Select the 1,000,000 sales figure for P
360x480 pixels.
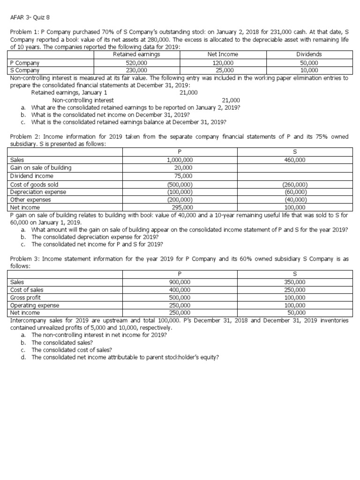(x=180, y=160)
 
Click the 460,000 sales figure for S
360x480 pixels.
(x=295, y=160)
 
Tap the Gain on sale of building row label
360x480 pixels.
(x=41, y=168)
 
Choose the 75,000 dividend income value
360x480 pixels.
(x=180, y=176)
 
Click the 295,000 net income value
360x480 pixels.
(x=180, y=207)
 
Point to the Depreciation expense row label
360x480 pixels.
(x=38, y=192)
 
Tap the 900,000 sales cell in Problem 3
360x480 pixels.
(x=180, y=282)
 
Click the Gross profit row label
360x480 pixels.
(x=25, y=298)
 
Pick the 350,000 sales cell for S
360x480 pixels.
(x=295, y=282)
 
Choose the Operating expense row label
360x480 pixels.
(x=35, y=305)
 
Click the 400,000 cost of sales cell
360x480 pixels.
(x=180, y=290)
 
